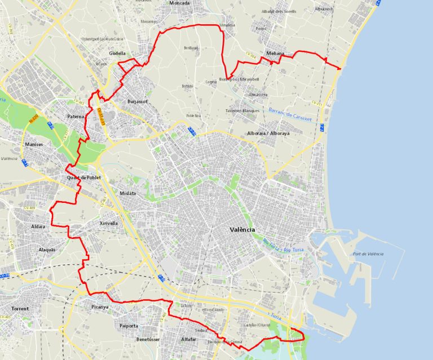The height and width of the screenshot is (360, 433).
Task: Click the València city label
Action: [242, 230]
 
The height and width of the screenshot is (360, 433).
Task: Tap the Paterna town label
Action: [75, 117]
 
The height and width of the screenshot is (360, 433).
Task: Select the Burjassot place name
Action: [137, 102]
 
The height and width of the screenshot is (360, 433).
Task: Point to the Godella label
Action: [117, 54]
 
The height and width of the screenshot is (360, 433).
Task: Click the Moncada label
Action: [179, 3]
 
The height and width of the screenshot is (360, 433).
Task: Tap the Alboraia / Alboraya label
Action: [268, 134]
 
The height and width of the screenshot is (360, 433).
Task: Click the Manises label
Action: [34, 145]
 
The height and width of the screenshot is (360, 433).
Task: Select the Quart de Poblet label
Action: [83, 178]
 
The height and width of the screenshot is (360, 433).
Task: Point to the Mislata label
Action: [128, 193]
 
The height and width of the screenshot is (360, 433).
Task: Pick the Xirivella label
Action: [109, 223]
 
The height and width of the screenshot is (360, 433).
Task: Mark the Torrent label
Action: [20, 309]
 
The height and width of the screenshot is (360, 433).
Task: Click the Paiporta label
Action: [129, 326]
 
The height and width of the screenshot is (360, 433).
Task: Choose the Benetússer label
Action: [149, 340]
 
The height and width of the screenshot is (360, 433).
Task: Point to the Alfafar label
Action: [189, 340]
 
